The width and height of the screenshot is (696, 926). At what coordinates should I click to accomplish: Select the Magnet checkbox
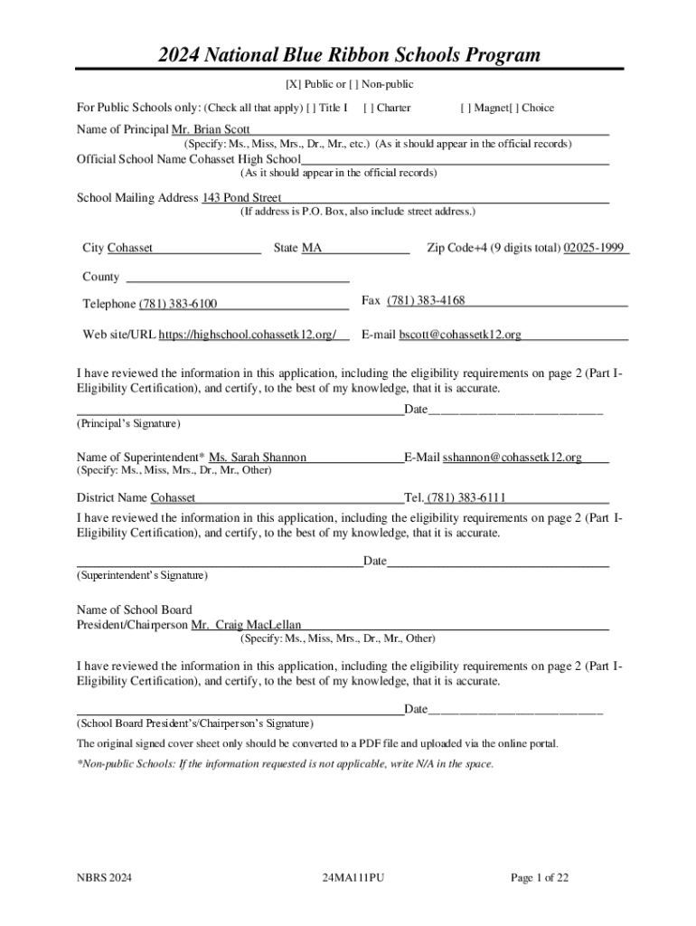pos(465,108)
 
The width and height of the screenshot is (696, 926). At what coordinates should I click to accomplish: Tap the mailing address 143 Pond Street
pos(241,197)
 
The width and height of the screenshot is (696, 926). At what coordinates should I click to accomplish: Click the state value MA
pos(311,248)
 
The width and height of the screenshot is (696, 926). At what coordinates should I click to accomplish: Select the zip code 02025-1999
pos(594,248)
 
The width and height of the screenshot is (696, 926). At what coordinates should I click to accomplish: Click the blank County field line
pos(237,277)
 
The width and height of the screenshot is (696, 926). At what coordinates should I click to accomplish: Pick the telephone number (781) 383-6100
pos(177,304)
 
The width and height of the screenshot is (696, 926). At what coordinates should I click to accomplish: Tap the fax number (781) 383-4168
pos(426,300)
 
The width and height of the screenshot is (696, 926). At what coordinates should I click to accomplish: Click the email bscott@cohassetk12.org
pos(460,335)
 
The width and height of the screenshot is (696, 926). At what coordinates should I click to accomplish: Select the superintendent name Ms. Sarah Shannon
pos(258,458)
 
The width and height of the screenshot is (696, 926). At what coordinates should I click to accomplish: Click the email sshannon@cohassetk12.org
pos(512,458)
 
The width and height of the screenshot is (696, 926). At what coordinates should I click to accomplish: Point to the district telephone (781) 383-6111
pos(466,497)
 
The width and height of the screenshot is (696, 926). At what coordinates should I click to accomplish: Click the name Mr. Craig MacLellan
pos(246,625)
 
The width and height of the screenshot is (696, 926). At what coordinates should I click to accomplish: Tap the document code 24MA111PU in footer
pos(353,877)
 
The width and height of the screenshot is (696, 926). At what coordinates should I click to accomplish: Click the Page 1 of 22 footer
pos(540,877)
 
